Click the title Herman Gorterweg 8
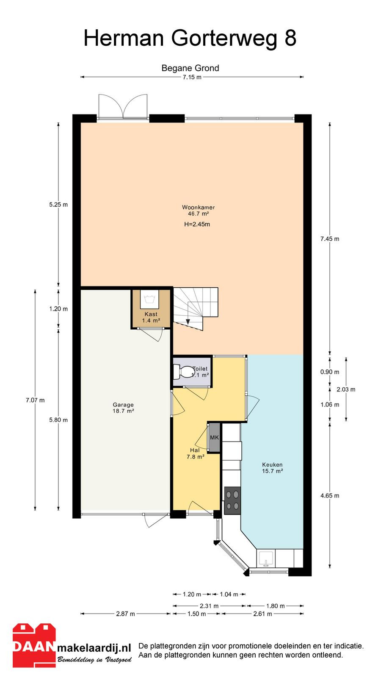[190, 39]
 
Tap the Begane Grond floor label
[190, 68]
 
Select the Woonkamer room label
[199, 207]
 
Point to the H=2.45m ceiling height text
[197, 224]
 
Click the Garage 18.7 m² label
[123, 408]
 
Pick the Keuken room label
[273, 464]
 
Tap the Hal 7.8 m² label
[195, 453]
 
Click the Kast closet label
[151, 314]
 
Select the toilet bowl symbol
[184, 372]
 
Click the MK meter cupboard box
[214, 438]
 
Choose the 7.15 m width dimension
[192, 77]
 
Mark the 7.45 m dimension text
[330, 239]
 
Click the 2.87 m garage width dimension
[125, 614]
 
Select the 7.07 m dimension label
[35, 400]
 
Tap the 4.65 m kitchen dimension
[330, 495]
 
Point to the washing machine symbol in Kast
[149, 299]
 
